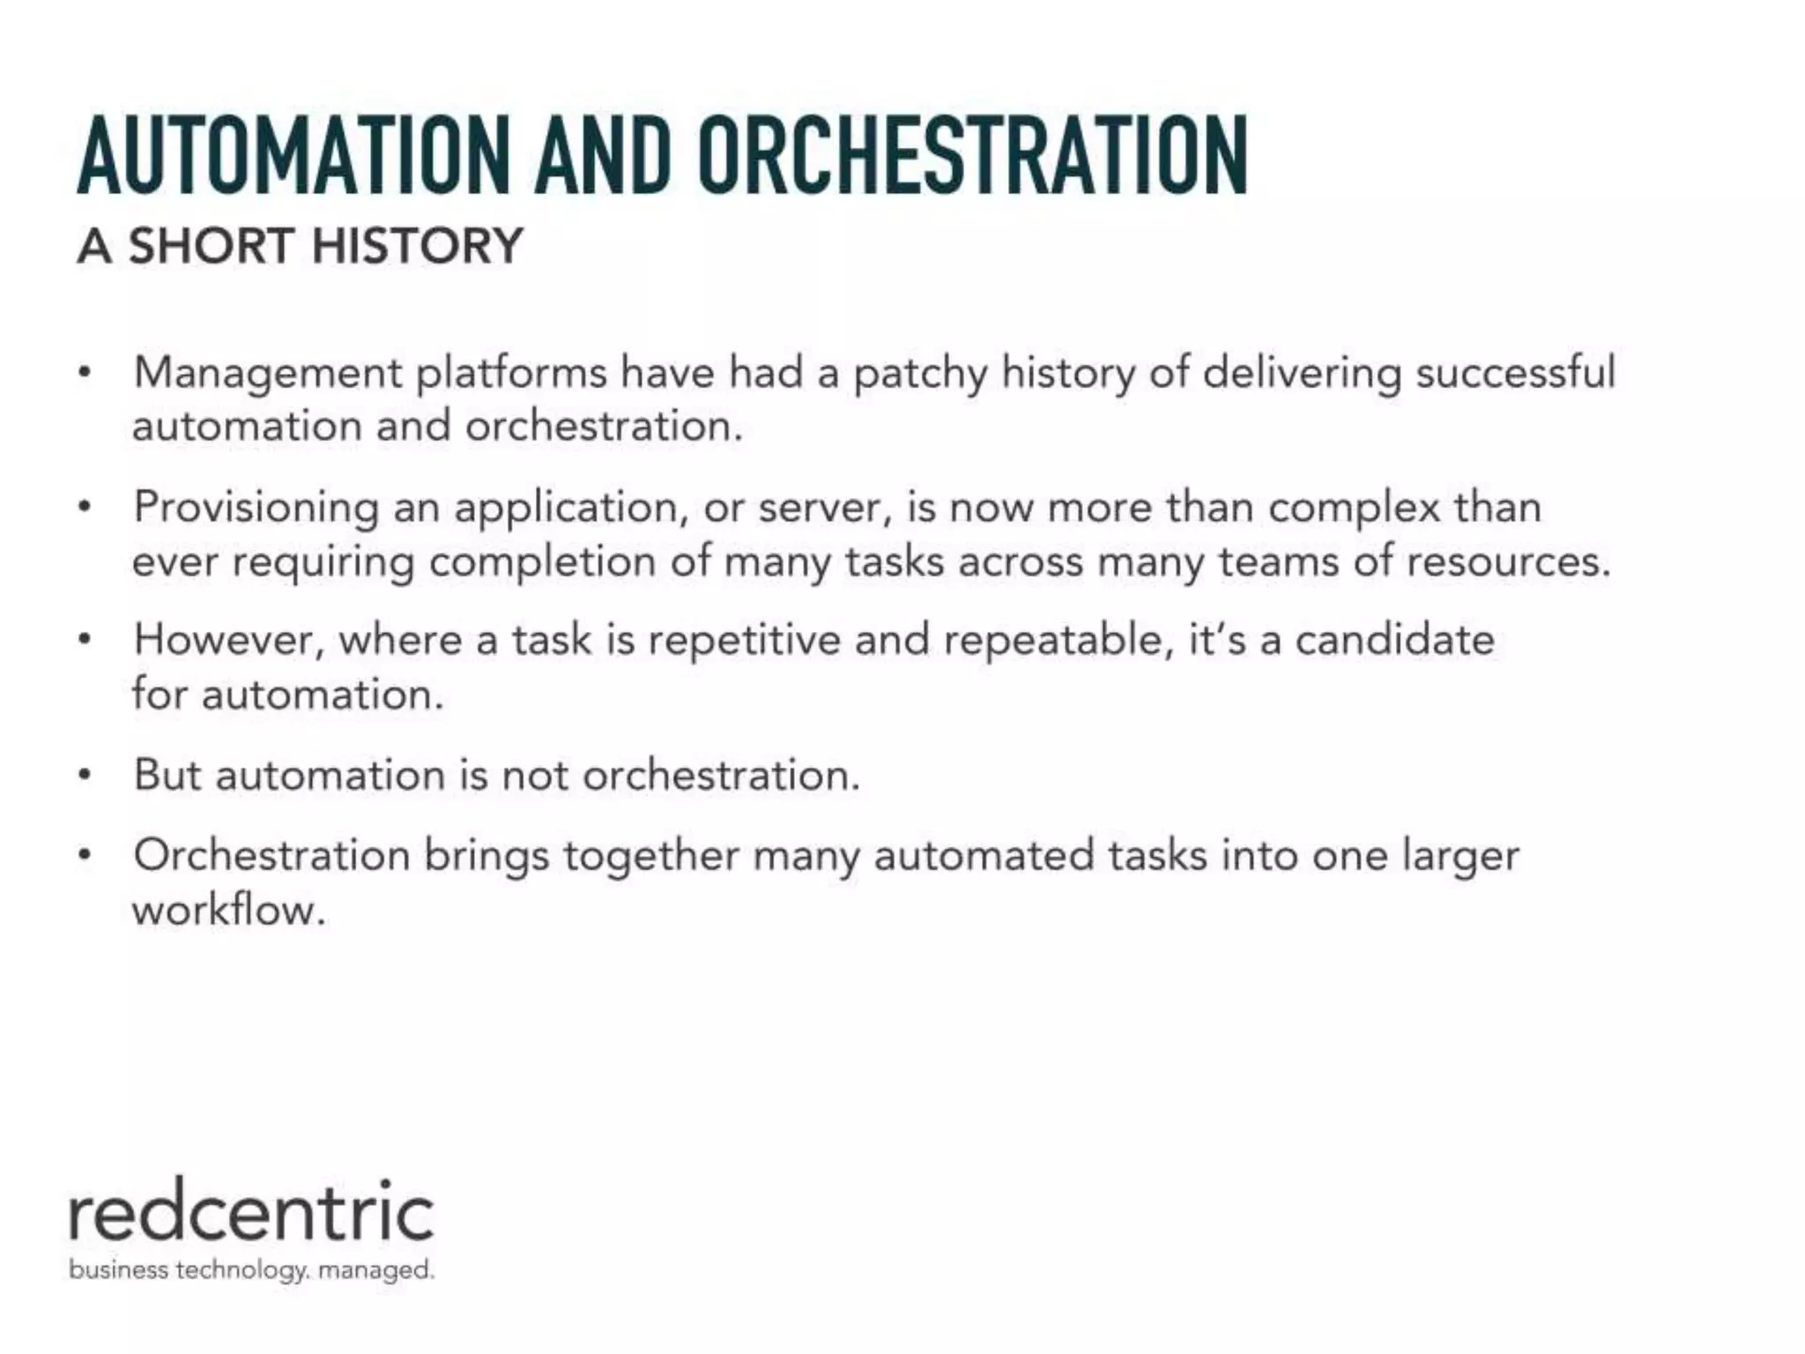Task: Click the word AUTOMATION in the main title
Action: [293, 156]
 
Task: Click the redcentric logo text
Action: [251, 1214]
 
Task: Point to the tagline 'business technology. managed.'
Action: [251, 1270]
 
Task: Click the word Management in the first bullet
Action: [267, 373]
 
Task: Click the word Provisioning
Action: [256, 509]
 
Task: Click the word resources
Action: [1508, 562]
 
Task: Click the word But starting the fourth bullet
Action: [167, 776]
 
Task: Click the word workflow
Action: [228, 910]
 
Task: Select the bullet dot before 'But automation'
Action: [85, 777]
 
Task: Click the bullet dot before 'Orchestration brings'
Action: [85, 856]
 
